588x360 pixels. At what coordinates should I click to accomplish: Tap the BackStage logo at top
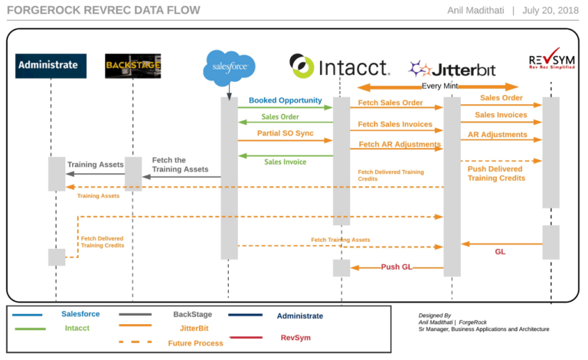[x=132, y=66]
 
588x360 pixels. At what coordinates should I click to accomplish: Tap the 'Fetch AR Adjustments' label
[x=399, y=144]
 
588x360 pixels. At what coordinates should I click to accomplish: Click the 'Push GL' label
[x=397, y=267]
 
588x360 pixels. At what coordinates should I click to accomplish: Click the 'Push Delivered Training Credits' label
[x=496, y=172]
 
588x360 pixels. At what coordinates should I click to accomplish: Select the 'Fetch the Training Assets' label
[x=179, y=165]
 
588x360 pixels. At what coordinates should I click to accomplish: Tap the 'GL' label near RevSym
[x=500, y=251]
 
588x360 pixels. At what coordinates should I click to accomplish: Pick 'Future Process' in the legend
[x=194, y=343]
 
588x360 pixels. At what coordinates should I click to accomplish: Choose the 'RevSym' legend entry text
[x=296, y=337]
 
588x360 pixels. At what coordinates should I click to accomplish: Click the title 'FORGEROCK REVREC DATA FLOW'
[x=103, y=11]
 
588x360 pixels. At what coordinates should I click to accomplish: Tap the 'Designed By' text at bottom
[x=435, y=315]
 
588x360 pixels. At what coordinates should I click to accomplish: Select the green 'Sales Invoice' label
[x=286, y=162]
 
